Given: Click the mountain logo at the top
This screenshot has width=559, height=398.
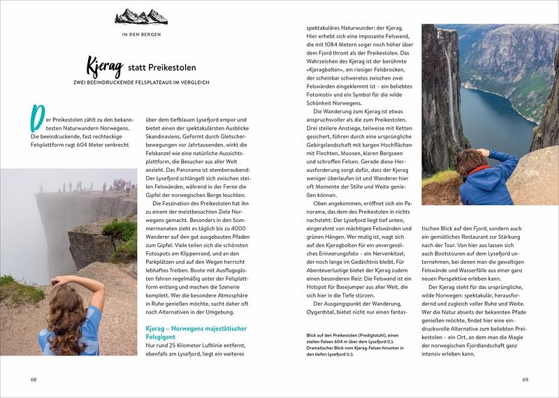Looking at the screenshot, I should (x=141, y=16).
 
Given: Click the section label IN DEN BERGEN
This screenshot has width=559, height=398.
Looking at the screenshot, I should (x=141, y=34).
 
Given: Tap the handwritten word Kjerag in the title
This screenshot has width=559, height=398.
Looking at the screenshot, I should (x=103, y=68).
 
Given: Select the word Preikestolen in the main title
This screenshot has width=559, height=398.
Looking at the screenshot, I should (x=172, y=68).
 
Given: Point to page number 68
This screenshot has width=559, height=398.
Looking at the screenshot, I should (x=33, y=380).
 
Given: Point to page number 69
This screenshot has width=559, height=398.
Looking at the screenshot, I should (x=525, y=380).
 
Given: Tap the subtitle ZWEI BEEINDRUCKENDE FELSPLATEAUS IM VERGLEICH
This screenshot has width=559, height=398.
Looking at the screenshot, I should (x=141, y=83).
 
